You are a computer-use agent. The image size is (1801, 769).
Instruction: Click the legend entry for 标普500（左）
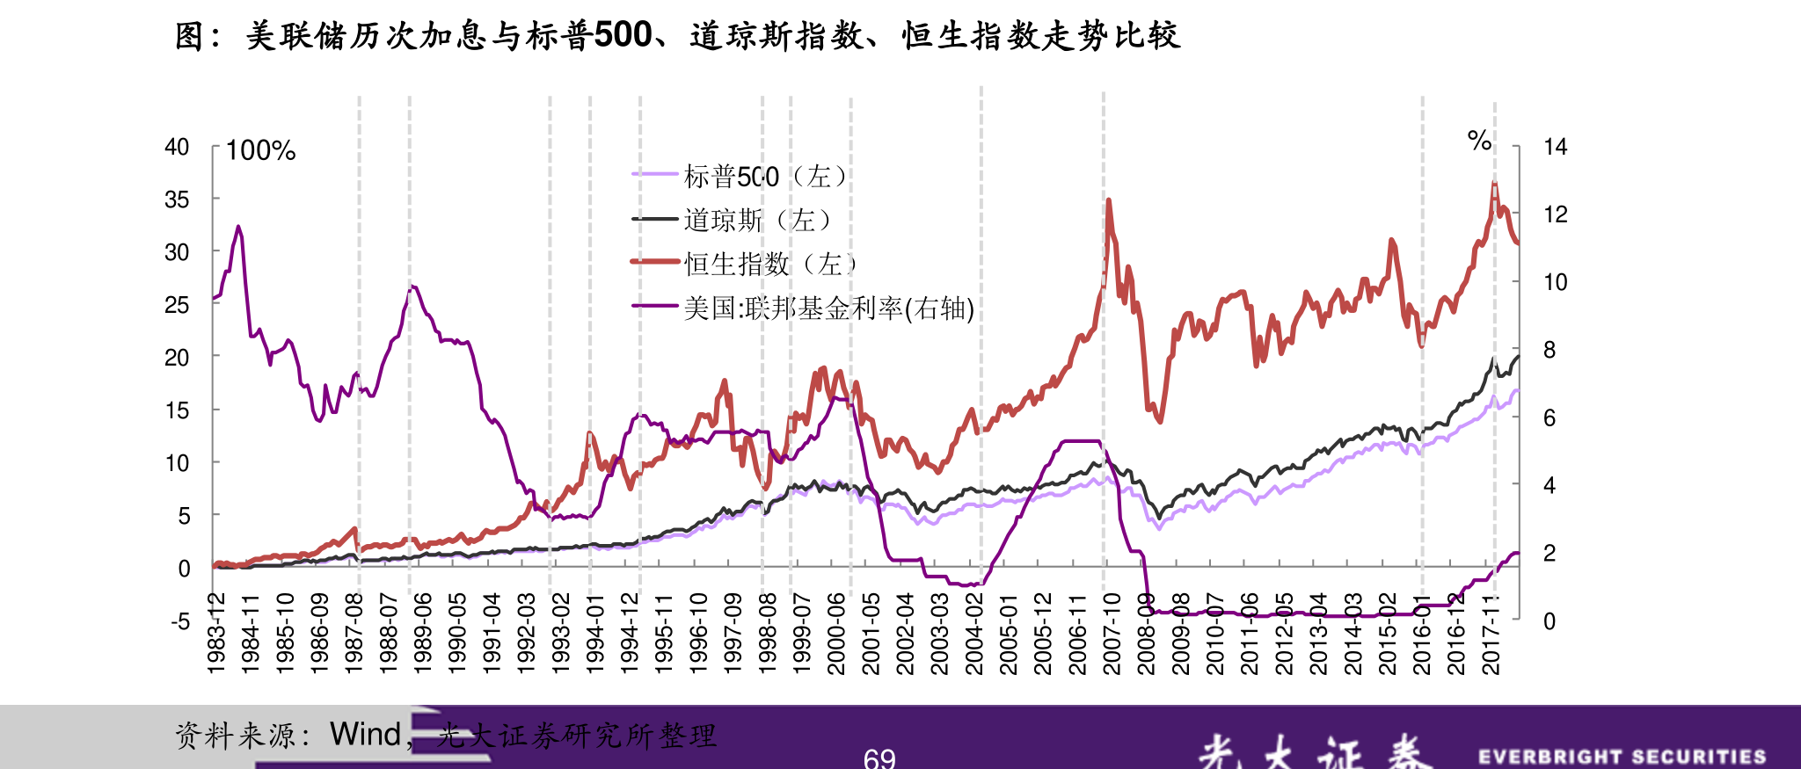765,177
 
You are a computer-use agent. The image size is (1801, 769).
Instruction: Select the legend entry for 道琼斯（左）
757,220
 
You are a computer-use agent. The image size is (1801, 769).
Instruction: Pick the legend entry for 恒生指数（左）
770,264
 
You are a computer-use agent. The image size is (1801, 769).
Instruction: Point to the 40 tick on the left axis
177,148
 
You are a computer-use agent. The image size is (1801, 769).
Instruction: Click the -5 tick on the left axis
180,622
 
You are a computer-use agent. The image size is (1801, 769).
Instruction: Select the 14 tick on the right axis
1555,147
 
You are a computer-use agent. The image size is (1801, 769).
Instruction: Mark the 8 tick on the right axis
1549,350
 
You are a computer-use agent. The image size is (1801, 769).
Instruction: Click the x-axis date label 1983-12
216,633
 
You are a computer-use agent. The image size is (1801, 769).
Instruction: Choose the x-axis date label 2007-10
1112,633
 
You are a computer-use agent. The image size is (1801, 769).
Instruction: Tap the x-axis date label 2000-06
836,633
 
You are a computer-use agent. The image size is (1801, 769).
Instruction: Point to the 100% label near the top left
260,151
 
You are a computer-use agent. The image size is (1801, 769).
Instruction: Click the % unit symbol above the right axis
1479,140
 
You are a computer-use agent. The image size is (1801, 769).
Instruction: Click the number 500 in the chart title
623,35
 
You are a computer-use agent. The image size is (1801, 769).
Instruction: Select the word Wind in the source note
365,734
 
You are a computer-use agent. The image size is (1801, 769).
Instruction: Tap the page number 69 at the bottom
879,758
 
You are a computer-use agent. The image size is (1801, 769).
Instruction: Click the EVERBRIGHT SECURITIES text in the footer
1622,757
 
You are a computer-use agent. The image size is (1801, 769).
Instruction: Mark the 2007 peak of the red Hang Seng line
1108,201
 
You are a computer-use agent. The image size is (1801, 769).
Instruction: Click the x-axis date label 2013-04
1318,633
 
